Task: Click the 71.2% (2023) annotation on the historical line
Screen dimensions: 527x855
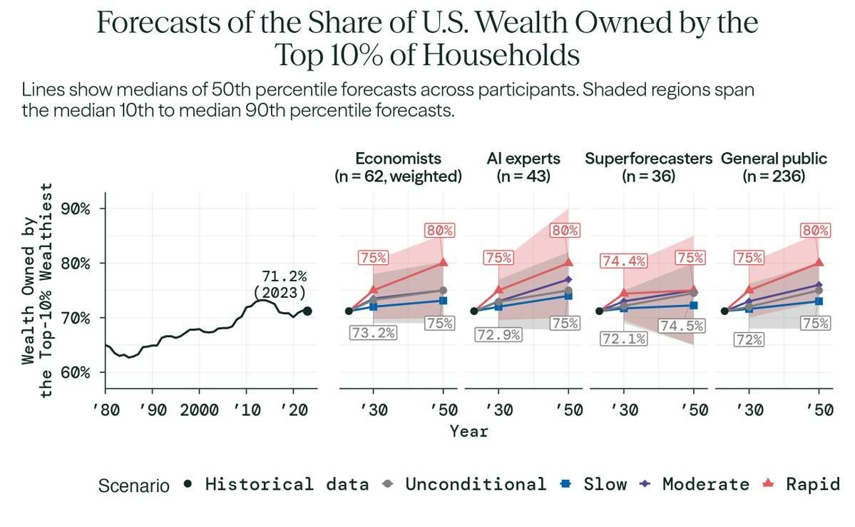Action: tap(280, 284)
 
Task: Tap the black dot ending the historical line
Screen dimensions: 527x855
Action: tap(307, 311)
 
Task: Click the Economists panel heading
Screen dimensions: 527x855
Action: tap(399, 166)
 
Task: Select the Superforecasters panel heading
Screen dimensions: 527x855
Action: tap(648, 166)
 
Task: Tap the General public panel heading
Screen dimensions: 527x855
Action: tap(774, 166)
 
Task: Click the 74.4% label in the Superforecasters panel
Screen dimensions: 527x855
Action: tap(623, 262)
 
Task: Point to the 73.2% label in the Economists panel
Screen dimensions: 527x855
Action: tap(373, 331)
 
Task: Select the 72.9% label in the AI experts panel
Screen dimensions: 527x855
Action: tap(498, 333)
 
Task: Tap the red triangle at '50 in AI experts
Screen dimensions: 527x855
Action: tap(568, 262)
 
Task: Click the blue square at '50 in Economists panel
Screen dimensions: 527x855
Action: tap(443, 301)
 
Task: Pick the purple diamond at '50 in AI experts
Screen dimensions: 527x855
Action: tap(568, 279)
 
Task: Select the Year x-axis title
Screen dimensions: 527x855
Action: tap(469, 431)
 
